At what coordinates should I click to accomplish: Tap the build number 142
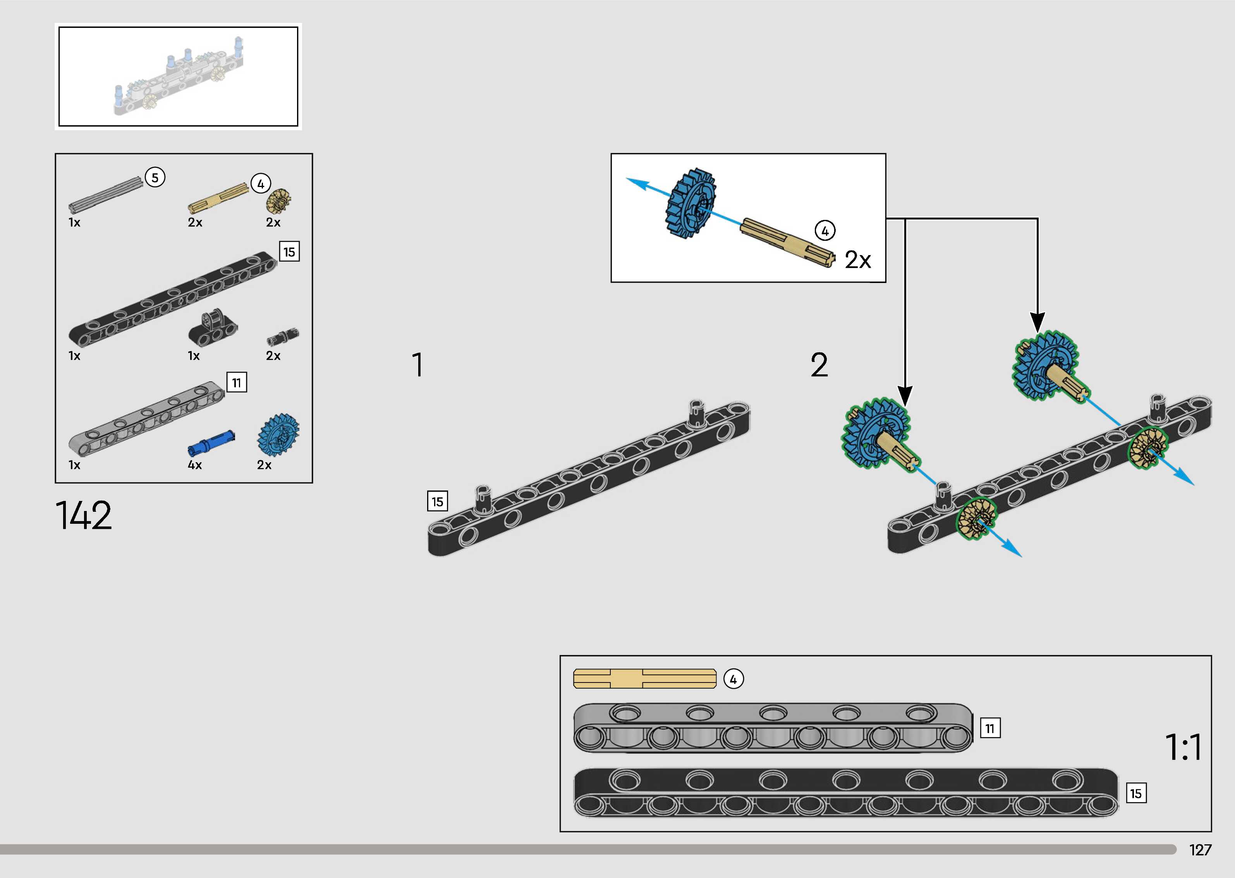coord(84,515)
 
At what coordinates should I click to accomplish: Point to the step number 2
coord(819,365)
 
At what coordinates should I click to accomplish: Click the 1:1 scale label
coord(1183,747)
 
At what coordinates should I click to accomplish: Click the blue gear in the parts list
coord(278,435)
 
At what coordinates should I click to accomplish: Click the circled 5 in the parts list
coord(155,177)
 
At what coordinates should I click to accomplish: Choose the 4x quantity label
coord(195,465)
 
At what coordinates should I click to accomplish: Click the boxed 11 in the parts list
coord(236,383)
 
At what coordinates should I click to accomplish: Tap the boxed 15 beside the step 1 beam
coord(437,502)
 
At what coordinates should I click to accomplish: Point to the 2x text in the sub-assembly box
coord(857,260)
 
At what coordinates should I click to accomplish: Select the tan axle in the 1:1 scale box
coord(644,679)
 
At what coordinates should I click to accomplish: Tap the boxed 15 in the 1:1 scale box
coord(1135,793)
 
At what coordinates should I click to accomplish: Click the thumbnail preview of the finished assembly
coord(179,76)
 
